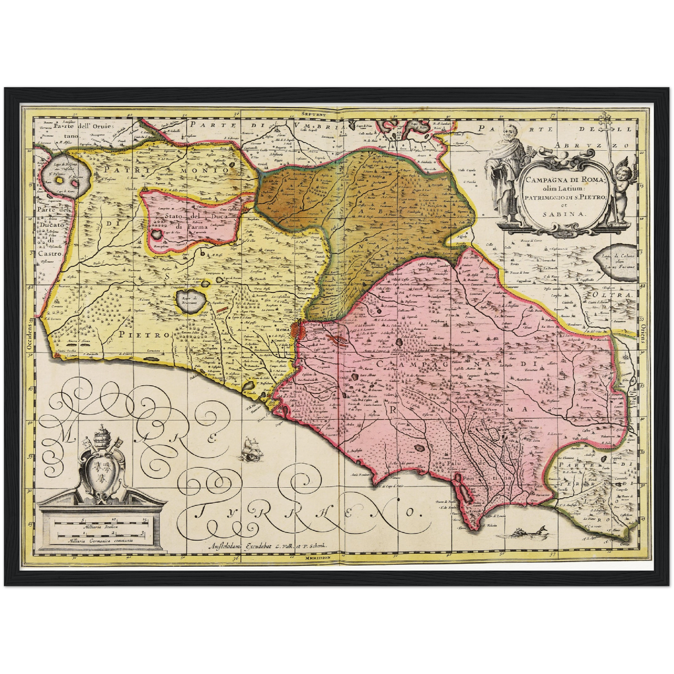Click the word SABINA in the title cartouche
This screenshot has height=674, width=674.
[565, 214]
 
